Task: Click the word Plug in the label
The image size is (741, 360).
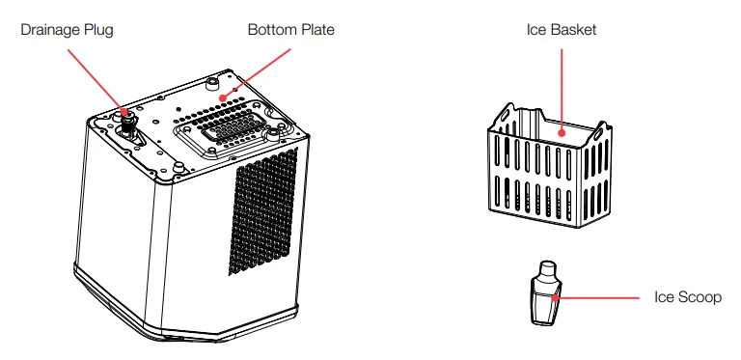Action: point(100,30)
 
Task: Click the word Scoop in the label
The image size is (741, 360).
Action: point(700,298)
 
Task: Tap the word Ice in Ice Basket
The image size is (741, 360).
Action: point(536,30)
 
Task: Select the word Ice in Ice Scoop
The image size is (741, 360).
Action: point(664,298)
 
